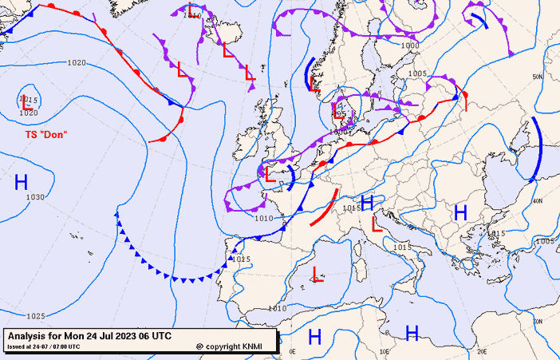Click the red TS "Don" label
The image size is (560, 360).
click(x=45, y=134)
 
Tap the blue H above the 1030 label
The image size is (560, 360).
click(x=22, y=182)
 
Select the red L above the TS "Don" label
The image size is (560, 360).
click(x=28, y=103)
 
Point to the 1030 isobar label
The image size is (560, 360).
click(x=35, y=197)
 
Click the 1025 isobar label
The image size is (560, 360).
click(x=35, y=316)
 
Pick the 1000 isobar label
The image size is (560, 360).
click(x=409, y=45)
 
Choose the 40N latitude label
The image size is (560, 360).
click(x=538, y=201)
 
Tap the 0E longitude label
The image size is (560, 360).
click(x=292, y=351)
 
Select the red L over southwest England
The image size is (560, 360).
click(x=270, y=176)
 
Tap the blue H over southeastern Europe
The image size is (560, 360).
click(x=460, y=212)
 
